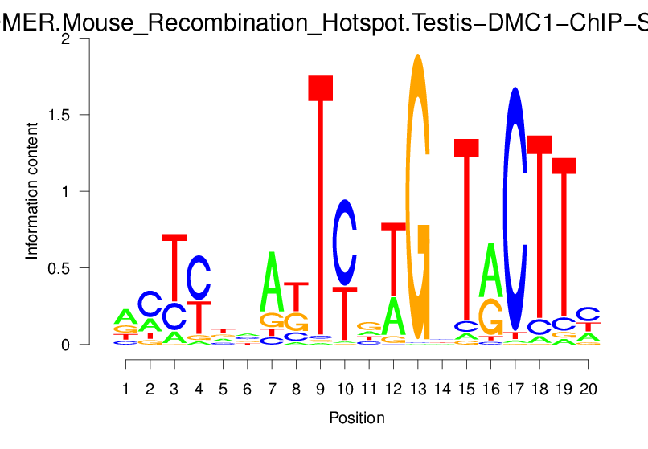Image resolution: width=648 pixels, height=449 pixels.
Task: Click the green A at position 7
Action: [272, 281]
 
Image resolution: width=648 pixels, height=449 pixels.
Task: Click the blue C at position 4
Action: [199, 277]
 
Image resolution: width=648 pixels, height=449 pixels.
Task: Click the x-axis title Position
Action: [357, 418]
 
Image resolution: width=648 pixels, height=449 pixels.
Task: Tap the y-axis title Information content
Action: [32, 191]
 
